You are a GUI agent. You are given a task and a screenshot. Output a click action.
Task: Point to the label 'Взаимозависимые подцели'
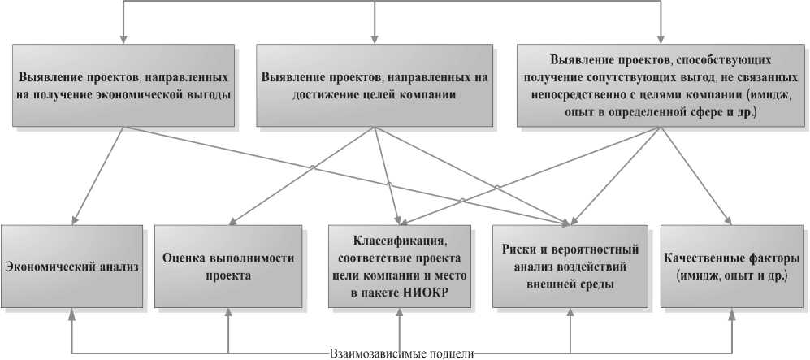coord(401,353)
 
